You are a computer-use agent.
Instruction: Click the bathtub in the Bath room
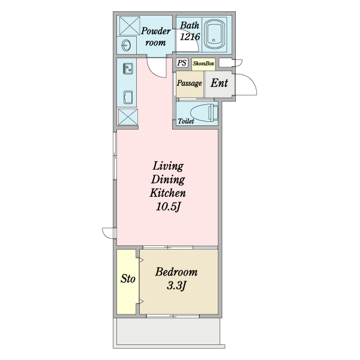point(214,34)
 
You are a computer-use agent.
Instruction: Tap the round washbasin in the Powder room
point(126,45)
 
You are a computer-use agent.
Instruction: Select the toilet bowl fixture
point(204,113)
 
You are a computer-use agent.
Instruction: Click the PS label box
point(182,62)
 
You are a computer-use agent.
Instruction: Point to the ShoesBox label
point(203,63)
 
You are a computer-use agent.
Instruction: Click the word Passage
point(190,83)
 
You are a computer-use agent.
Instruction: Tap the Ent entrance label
point(219,83)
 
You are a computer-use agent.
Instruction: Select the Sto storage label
point(128,278)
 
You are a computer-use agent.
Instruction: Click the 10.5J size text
point(168,206)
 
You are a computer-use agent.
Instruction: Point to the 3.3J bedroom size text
point(176,286)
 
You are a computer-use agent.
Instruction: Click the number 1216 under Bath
point(190,36)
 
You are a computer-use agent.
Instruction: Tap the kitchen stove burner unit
point(128,68)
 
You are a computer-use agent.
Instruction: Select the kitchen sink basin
point(128,97)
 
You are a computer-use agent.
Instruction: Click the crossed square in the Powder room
point(130,25)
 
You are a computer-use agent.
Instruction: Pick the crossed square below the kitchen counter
point(128,117)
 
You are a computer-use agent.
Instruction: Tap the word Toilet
point(186,121)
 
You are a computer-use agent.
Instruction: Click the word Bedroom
point(176,272)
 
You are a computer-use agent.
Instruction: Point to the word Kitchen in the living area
point(167,193)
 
